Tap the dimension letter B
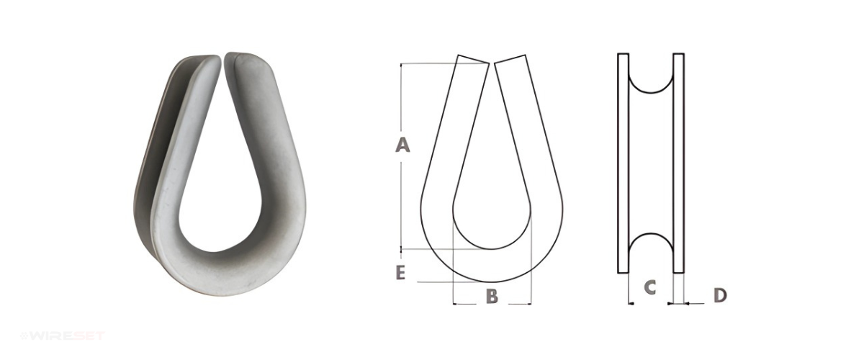(x=492, y=296)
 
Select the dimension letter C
(x=650, y=287)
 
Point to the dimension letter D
(x=720, y=295)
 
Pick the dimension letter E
(x=400, y=273)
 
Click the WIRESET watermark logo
(x=63, y=336)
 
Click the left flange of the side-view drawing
(x=623, y=163)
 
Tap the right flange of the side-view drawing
(x=679, y=163)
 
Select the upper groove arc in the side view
(x=651, y=93)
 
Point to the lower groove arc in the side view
(x=651, y=233)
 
